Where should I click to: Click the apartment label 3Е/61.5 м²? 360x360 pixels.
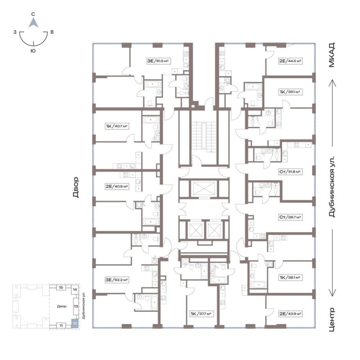(158, 61)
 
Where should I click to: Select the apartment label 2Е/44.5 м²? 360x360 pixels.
(290, 61)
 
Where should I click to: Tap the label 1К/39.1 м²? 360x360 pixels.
(290, 92)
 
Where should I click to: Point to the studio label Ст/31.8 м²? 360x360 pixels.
(290, 172)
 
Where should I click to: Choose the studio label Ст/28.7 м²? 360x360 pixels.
(290, 217)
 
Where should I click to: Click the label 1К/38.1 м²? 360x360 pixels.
(290, 277)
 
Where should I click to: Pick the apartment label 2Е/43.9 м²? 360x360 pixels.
(290, 314)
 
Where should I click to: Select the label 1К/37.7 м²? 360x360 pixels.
(200, 314)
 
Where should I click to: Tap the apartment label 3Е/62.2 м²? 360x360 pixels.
(117, 280)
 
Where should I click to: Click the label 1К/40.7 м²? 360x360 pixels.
(117, 126)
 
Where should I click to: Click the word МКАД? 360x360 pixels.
(332, 55)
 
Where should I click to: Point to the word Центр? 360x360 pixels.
(332, 319)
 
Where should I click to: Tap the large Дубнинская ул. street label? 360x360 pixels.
(332, 186)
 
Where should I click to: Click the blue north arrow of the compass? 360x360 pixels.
(33, 22)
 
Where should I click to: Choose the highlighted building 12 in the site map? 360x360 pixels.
(74, 322)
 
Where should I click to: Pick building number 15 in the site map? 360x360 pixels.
(61, 288)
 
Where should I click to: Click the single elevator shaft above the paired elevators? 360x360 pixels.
(203, 189)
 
